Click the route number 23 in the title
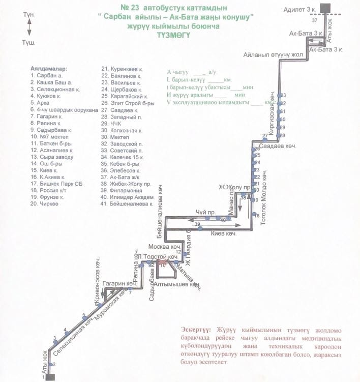tap(135, 9)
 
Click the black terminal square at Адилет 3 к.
tap(324, 8)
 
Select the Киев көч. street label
tap(224, 234)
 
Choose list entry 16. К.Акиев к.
tap(48, 177)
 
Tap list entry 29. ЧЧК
tap(113, 124)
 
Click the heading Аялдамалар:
tap(49, 68)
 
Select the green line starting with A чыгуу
tap(188, 73)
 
